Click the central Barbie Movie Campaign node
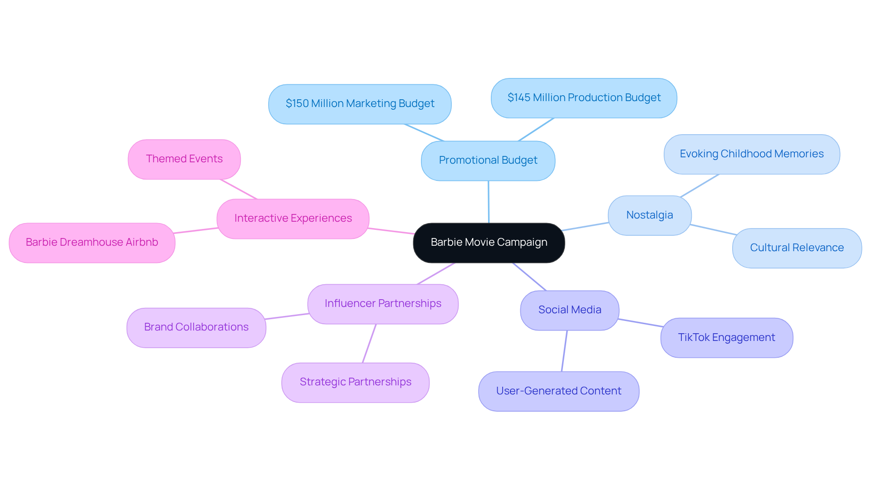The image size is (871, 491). click(x=489, y=243)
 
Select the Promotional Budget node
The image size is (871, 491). click(x=488, y=160)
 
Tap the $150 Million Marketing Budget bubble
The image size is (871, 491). click(x=360, y=104)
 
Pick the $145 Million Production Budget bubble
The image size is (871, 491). click(x=584, y=98)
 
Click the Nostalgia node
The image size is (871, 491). click(x=649, y=215)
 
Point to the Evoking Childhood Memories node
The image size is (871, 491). click(x=751, y=154)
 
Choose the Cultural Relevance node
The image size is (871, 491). click(x=797, y=248)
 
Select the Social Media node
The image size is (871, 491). click(x=569, y=310)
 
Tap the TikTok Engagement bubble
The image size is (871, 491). click(x=726, y=338)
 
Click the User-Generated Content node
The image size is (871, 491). click(x=558, y=391)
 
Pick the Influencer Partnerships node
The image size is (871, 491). click(x=382, y=304)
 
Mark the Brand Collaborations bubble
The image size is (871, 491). click(x=196, y=327)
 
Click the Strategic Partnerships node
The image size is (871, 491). click(x=355, y=382)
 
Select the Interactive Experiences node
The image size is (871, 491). click(x=293, y=219)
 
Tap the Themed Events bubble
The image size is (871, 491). click(x=184, y=159)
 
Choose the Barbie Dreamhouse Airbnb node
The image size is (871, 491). click(x=92, y=243)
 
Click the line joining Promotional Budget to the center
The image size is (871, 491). click(x=489, y=202)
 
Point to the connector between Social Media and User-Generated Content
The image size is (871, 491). click(x=564, y=351)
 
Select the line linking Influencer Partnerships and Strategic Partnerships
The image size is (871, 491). click(x=369, y=343)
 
